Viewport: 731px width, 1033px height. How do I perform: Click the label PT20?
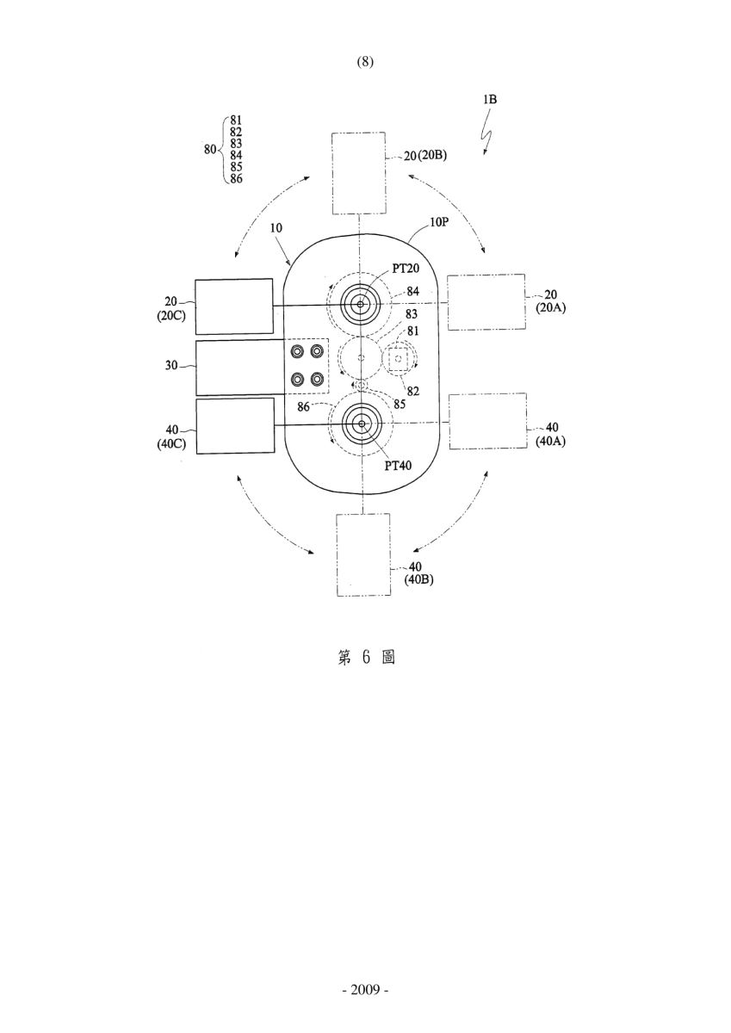coord(406,268)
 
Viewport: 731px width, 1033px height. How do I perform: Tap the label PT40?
coord(398,466)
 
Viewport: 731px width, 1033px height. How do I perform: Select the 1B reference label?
coord(490,99)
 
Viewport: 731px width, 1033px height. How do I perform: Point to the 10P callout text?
coord(438,222)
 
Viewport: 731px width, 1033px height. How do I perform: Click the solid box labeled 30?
coord(240,368)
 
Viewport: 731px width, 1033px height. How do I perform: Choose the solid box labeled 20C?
coord(234,306)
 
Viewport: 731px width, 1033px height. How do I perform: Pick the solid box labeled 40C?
coord(235,426)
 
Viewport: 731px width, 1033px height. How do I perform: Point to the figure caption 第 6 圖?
coord(366,658)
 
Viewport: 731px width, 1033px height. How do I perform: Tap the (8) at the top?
coord(365,62)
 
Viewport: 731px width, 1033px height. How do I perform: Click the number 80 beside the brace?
coord(210,150)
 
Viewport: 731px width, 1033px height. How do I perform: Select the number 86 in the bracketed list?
coord(236,178)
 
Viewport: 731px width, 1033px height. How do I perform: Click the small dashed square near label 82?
coord(399,360)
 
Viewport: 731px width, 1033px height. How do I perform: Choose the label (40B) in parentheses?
coord(418,579)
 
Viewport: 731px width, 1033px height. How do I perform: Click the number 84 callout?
coord(412,291)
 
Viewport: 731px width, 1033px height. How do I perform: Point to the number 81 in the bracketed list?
coord(236,121)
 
